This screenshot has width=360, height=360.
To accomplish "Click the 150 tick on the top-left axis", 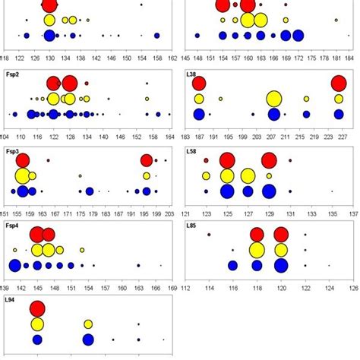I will coord(125,57).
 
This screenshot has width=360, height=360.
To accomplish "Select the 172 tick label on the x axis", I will coord(298,57).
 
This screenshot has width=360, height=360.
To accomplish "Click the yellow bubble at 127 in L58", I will coord(248,176).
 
